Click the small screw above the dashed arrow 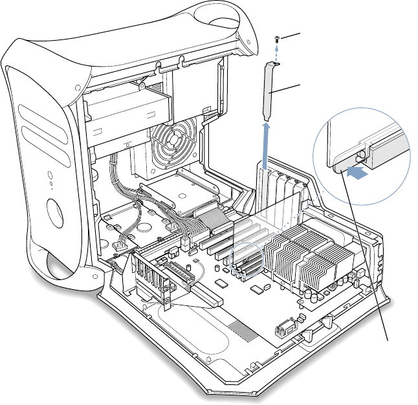[x=277, y=40]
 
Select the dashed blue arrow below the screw [x=277, y=53]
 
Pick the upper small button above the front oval [x=50, y=173]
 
